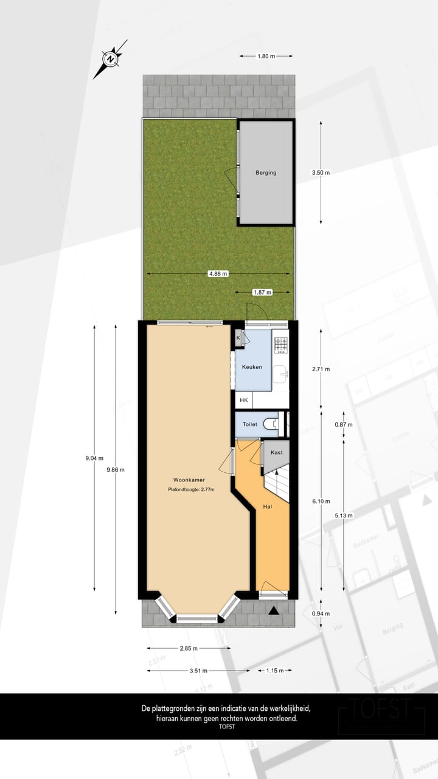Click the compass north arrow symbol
tap(110, 59)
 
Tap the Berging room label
tap(266, 173)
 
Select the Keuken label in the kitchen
tap(252, 367)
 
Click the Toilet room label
tap(250, 424)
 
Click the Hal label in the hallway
tap(267, 506)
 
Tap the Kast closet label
tap(276, 453)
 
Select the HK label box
tap(244, 400)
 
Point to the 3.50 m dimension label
tap(321, 173)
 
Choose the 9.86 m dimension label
tap(115, 469)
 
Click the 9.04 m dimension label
tap(94, 458)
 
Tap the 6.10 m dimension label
tap(321, 501)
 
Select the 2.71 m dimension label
tap(321, 369)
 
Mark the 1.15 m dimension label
tap(275, 671)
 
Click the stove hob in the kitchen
tap(280, 345)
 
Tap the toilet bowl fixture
tap(273, 424)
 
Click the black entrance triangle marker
tap(275, 609)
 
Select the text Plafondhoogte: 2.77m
tap(192, 490)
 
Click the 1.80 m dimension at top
tap(266, 56)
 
